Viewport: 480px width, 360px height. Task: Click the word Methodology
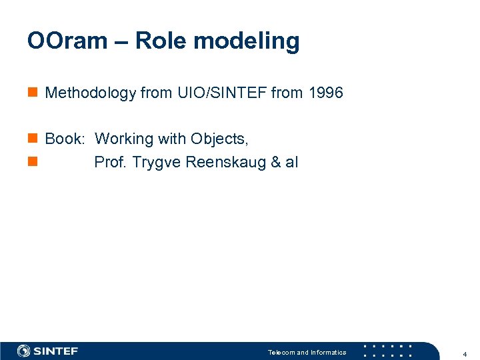click(x=90, y=93)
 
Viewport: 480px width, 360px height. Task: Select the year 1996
click(x=325, y=93)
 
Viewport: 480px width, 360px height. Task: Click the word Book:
click(x=65, y=139)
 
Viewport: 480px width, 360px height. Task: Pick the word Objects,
click(x=219, y=139)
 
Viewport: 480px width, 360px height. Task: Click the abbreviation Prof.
click(x=111, y=163)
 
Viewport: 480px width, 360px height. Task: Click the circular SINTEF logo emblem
click(x=24, y=351)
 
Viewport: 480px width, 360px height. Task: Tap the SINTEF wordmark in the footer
click(x=56, y=351)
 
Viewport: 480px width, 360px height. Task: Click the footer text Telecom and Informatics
click(x=307, y=352)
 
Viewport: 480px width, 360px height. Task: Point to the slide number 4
click(x=464, y=353)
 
